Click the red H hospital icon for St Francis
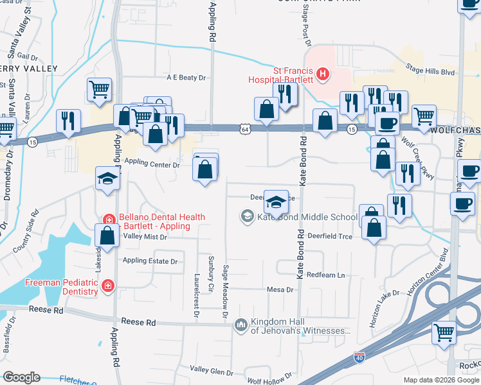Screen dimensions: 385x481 pos(323,75)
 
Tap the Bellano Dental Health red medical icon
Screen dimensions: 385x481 pos(109,218)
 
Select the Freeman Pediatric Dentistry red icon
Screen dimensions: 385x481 pos(109,286)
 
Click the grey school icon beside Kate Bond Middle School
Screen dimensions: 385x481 pos(247,216)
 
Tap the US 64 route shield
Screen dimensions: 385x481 pos(246,129)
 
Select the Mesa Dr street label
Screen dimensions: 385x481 pos(280,289)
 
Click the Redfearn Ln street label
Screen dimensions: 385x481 pos(325,275)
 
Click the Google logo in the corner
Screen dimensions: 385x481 pos(21,377)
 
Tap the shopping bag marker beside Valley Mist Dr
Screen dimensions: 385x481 pos(107,236)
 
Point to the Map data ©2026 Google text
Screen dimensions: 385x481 pos(440,380)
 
